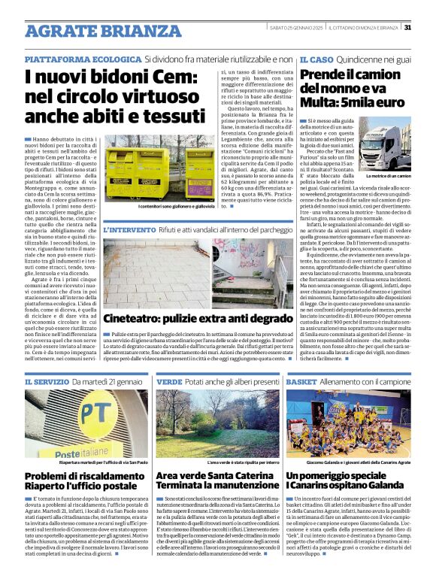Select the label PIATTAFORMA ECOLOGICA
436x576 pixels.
click(83, 59)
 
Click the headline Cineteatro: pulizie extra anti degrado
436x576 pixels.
click(197, 319)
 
